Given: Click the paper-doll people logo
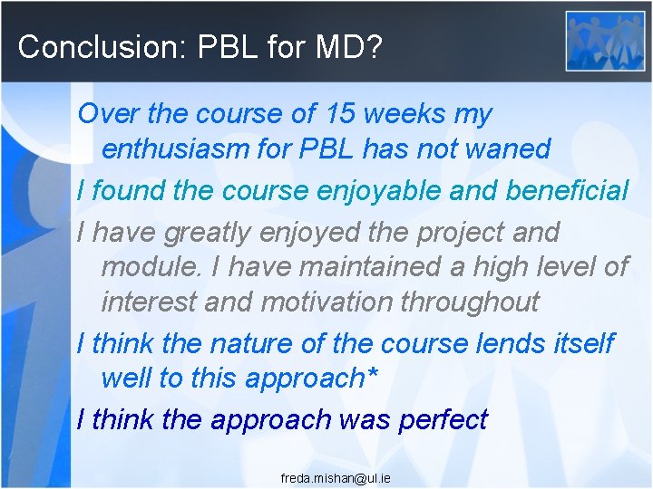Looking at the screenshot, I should (605, 41).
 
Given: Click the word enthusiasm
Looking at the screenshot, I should (176, 149).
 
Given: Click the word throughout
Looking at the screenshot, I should (480, 301).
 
